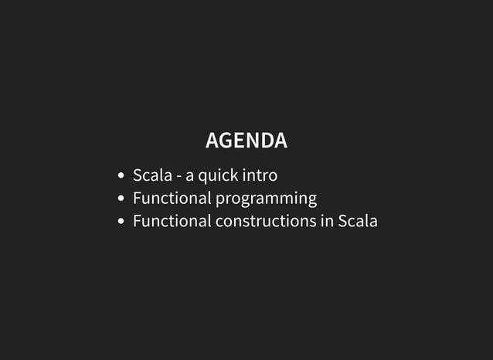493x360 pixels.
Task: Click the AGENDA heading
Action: [246, 141]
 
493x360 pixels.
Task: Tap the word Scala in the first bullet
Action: [152, 175]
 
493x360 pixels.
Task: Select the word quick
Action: [218, 176]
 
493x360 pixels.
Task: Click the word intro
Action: [260, 175]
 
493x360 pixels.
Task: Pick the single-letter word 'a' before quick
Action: [190, 177]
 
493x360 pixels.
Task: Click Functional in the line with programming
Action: [172, 199]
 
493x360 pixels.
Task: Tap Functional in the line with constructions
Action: [172, 221]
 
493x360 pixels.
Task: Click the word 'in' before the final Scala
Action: [327, 221]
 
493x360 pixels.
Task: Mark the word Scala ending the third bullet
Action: [358, 221]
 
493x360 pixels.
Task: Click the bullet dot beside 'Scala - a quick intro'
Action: [121, 177]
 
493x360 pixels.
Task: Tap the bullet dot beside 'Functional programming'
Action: [121, 199]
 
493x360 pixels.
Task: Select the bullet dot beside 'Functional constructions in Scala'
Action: [121, 222]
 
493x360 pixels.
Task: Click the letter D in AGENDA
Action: [266, 141]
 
